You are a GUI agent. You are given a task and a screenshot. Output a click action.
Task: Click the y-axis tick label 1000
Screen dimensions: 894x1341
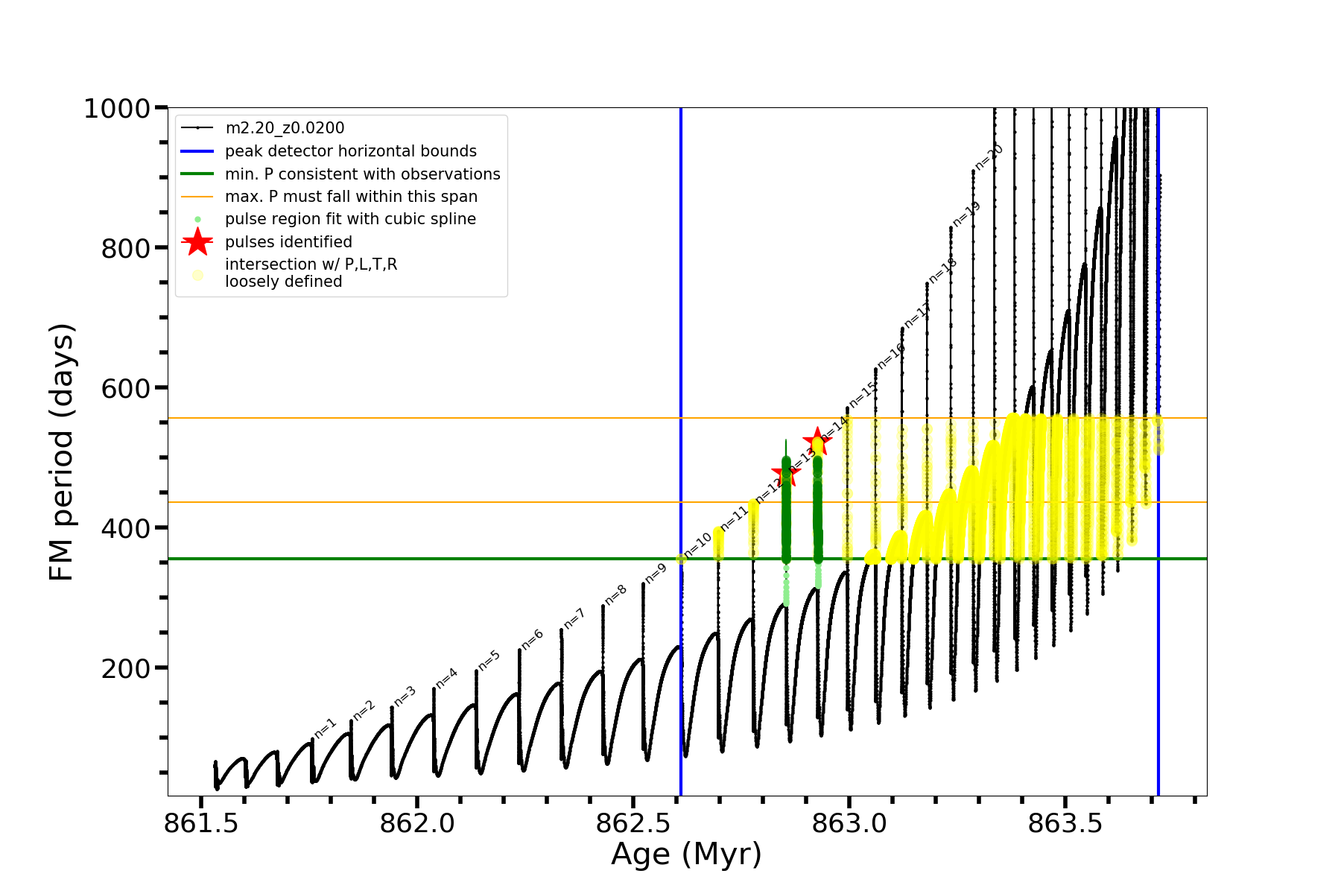[x=117, y=109]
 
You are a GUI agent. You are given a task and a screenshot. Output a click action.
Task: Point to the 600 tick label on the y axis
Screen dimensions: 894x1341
[x=126, y=388]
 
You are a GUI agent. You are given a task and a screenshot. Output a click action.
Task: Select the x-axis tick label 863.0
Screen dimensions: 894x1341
[x=849, y=823]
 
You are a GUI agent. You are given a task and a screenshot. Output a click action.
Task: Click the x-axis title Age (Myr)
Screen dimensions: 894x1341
[x=686, y=855]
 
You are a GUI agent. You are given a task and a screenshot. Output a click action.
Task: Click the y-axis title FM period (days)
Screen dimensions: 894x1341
[x=62, y=451]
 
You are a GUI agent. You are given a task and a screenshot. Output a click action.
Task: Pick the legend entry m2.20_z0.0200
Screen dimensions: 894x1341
[x=285, y=128]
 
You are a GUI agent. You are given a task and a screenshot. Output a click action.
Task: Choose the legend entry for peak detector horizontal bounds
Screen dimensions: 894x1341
[x=350, y=151]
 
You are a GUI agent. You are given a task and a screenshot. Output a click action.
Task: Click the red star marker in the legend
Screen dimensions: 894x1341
[x=197, y=242]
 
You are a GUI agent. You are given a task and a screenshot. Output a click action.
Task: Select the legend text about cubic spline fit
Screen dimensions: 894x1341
[x=350, y=219]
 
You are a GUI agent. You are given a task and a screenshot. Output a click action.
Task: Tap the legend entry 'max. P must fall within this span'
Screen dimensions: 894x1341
[x=351, y=197]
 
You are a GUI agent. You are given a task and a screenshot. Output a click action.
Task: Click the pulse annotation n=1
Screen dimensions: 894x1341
[x=326, y=729]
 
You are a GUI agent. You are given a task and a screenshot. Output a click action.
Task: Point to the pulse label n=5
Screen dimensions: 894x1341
[x=489, y=660]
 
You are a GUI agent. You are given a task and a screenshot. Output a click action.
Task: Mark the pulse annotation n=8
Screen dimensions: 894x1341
[x=615, y=595]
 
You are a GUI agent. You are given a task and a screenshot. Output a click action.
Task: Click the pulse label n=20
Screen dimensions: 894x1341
[x=989, y=156]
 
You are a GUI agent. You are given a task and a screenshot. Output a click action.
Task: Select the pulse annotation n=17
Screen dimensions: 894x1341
[x=917, y=316]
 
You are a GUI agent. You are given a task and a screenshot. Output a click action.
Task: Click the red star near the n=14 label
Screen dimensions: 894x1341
[x=817, y=441]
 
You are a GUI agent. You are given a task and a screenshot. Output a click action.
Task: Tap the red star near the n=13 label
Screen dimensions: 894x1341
[x=786, y=472]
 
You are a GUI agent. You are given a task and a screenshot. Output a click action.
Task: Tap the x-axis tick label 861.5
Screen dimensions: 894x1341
[x=200, y=823]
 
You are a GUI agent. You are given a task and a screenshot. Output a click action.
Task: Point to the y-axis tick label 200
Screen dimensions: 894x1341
[x=126, y=668]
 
